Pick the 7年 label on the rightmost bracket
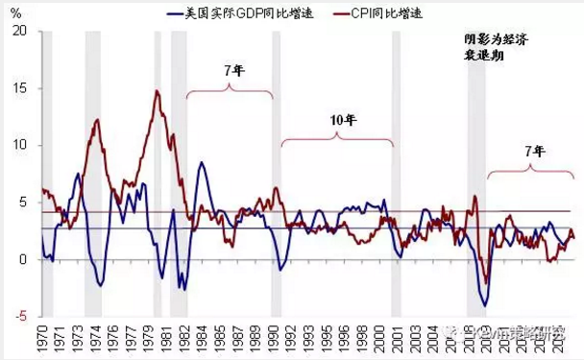coord(535,153)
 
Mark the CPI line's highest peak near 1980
coord(157,91)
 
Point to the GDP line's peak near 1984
coord(201,162)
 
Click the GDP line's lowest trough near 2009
coord(486,305)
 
